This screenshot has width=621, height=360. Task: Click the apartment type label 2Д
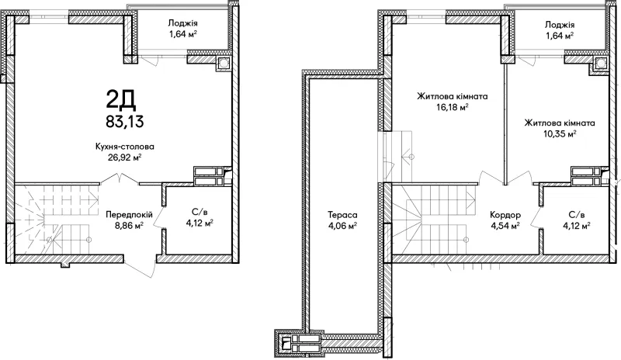pyautogui.click(x=121, y=100)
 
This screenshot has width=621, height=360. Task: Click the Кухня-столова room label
pyautogui.click(x=125, y=147)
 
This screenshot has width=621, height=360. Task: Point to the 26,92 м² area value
pyautogui.click(x=125, y=157)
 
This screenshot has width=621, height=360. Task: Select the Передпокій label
pyautogui.click(x=129, y=215)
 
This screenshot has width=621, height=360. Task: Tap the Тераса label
pyautogui.click(x=342, y=215)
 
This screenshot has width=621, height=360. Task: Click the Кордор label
pyautogui.click(x=505, y=215)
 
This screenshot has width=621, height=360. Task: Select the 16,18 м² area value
pyautogui.click(x=452, y=107)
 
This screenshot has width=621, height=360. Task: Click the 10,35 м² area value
pyautogui.click(x=560, y=134)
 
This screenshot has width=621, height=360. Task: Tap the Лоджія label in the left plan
pyautogui.click(x=183, y=24)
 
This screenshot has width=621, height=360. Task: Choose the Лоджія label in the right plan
pyautogui.click(x=560, y=25)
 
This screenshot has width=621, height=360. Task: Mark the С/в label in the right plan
pyautogui.click(x=577, y=215)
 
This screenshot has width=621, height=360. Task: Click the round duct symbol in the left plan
pyautogui.click(x=223, y=64)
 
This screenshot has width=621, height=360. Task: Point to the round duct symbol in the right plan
pyautogui.click(x=601, y=64)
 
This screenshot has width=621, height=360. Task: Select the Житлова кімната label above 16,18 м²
pyautogui.click(x=452, y=96)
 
